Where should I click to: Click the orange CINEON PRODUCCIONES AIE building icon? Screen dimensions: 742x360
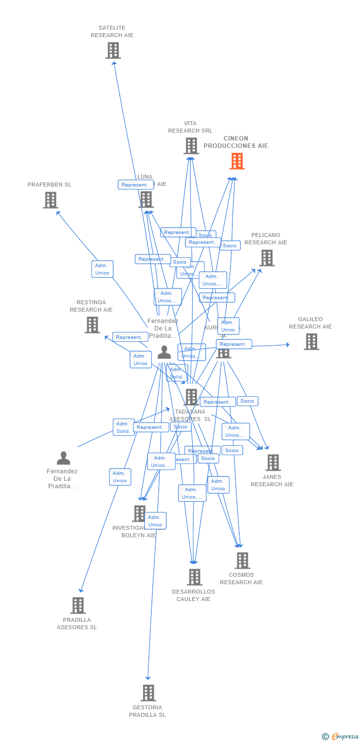237,161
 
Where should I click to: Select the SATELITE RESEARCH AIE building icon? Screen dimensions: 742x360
113,50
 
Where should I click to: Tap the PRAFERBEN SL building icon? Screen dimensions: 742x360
50,200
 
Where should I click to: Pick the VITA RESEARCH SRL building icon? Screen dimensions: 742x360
191,146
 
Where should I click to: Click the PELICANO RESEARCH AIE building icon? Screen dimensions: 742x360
267,258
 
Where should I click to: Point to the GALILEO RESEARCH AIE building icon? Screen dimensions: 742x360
311,342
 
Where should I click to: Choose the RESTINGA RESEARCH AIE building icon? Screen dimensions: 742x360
92,325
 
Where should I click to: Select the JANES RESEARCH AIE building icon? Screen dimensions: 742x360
272,463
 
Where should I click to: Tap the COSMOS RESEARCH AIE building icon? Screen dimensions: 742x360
242,560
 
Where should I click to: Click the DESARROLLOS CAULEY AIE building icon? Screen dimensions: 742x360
194,577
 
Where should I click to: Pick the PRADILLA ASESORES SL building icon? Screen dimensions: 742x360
78,605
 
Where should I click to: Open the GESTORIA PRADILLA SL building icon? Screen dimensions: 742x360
148,693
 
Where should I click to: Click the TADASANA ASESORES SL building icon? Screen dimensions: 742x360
191,397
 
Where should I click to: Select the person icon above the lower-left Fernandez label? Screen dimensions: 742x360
63,458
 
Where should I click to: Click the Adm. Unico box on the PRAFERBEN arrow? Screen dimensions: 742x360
102,269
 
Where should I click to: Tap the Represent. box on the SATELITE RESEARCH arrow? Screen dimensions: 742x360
135,185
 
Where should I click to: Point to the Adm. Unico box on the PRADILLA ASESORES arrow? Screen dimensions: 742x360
120,477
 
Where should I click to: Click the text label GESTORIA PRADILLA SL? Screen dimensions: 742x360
147,711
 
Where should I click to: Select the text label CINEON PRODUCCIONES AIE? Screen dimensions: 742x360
236,142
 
